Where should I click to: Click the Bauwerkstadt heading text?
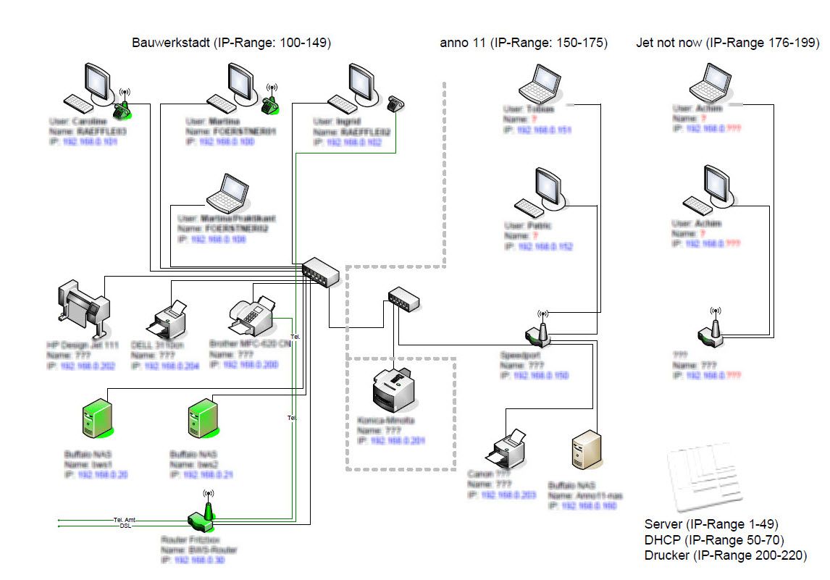tap(231, 43)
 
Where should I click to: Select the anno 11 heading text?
tap(524, 43)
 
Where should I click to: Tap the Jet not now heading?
tap(727, 43)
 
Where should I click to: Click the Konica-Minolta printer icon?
tap(395, 388)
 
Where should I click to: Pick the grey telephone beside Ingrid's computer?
tap(395, 104)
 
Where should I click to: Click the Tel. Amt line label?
tap(124, 520)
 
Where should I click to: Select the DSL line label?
tap(125, 526)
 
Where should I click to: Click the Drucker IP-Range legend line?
tap(725, 555)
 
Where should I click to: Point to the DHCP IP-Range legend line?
tap(713, 539)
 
